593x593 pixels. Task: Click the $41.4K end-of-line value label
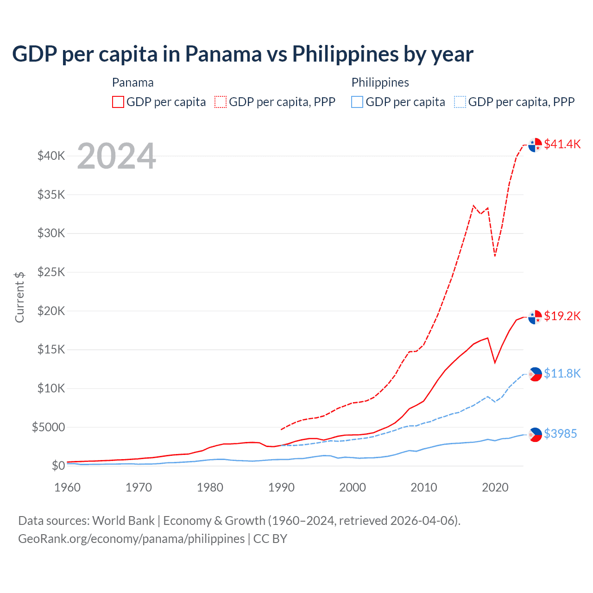[x=562, y=144]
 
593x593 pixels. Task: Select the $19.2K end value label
[x=562, y=316]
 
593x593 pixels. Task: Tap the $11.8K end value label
[x=562, y=373]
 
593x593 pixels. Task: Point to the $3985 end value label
[x=560, y=434]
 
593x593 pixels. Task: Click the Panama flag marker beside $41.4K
[x=535, y=145]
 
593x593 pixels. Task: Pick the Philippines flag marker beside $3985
[x=535, y=434]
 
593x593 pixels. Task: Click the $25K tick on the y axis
[x=51, y=272]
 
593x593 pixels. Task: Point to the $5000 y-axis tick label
[x=49, y=427]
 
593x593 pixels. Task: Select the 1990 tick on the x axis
[x=281, y=487]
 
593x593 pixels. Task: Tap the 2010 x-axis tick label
[x=424, y=487]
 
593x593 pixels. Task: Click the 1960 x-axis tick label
[x=68, y=487]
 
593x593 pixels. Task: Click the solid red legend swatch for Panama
[x=118, y=102]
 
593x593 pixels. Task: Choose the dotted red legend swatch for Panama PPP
[x=221, y=102]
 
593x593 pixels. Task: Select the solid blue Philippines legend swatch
[x=357, y=102]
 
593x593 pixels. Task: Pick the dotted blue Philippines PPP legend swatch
[x=460, y=102]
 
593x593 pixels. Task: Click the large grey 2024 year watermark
[x=116, y=156]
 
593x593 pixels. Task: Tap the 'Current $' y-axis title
[x=19, y=297]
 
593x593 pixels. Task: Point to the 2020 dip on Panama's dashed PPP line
[x=495, y=255]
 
